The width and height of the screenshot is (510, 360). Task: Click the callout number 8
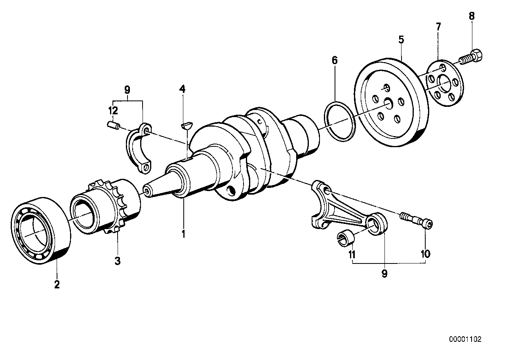pyautogui.click(x=472, y=16)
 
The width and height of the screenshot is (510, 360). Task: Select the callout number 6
pyautogui.click(x=335, y=61)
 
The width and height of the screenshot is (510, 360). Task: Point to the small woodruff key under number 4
pyautogui.click(x=187, y=125)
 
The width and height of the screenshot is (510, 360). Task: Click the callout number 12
pyautogui.click(x=113, y=111)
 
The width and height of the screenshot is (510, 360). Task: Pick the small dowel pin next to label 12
pyautogui.click(x=113, y=126)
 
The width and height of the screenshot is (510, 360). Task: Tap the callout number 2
pyautogui.click(x=57, y=284)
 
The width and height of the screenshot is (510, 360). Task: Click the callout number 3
pyautogui.click(x=118, y=261)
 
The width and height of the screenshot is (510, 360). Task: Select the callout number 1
pyautogui.click(x=183, y=234)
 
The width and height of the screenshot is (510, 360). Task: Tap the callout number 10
pyautogui.click(x=425, y=254)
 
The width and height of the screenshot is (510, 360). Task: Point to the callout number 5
pyautogui.click(x=401, y=40)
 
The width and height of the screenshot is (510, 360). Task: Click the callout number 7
pyautogui.click(x=438, y=27)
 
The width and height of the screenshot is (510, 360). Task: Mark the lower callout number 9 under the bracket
pyautogui.click(x=384, y=274)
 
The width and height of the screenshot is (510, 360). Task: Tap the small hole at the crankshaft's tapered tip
pyautogui.click(x=147, y=191)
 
